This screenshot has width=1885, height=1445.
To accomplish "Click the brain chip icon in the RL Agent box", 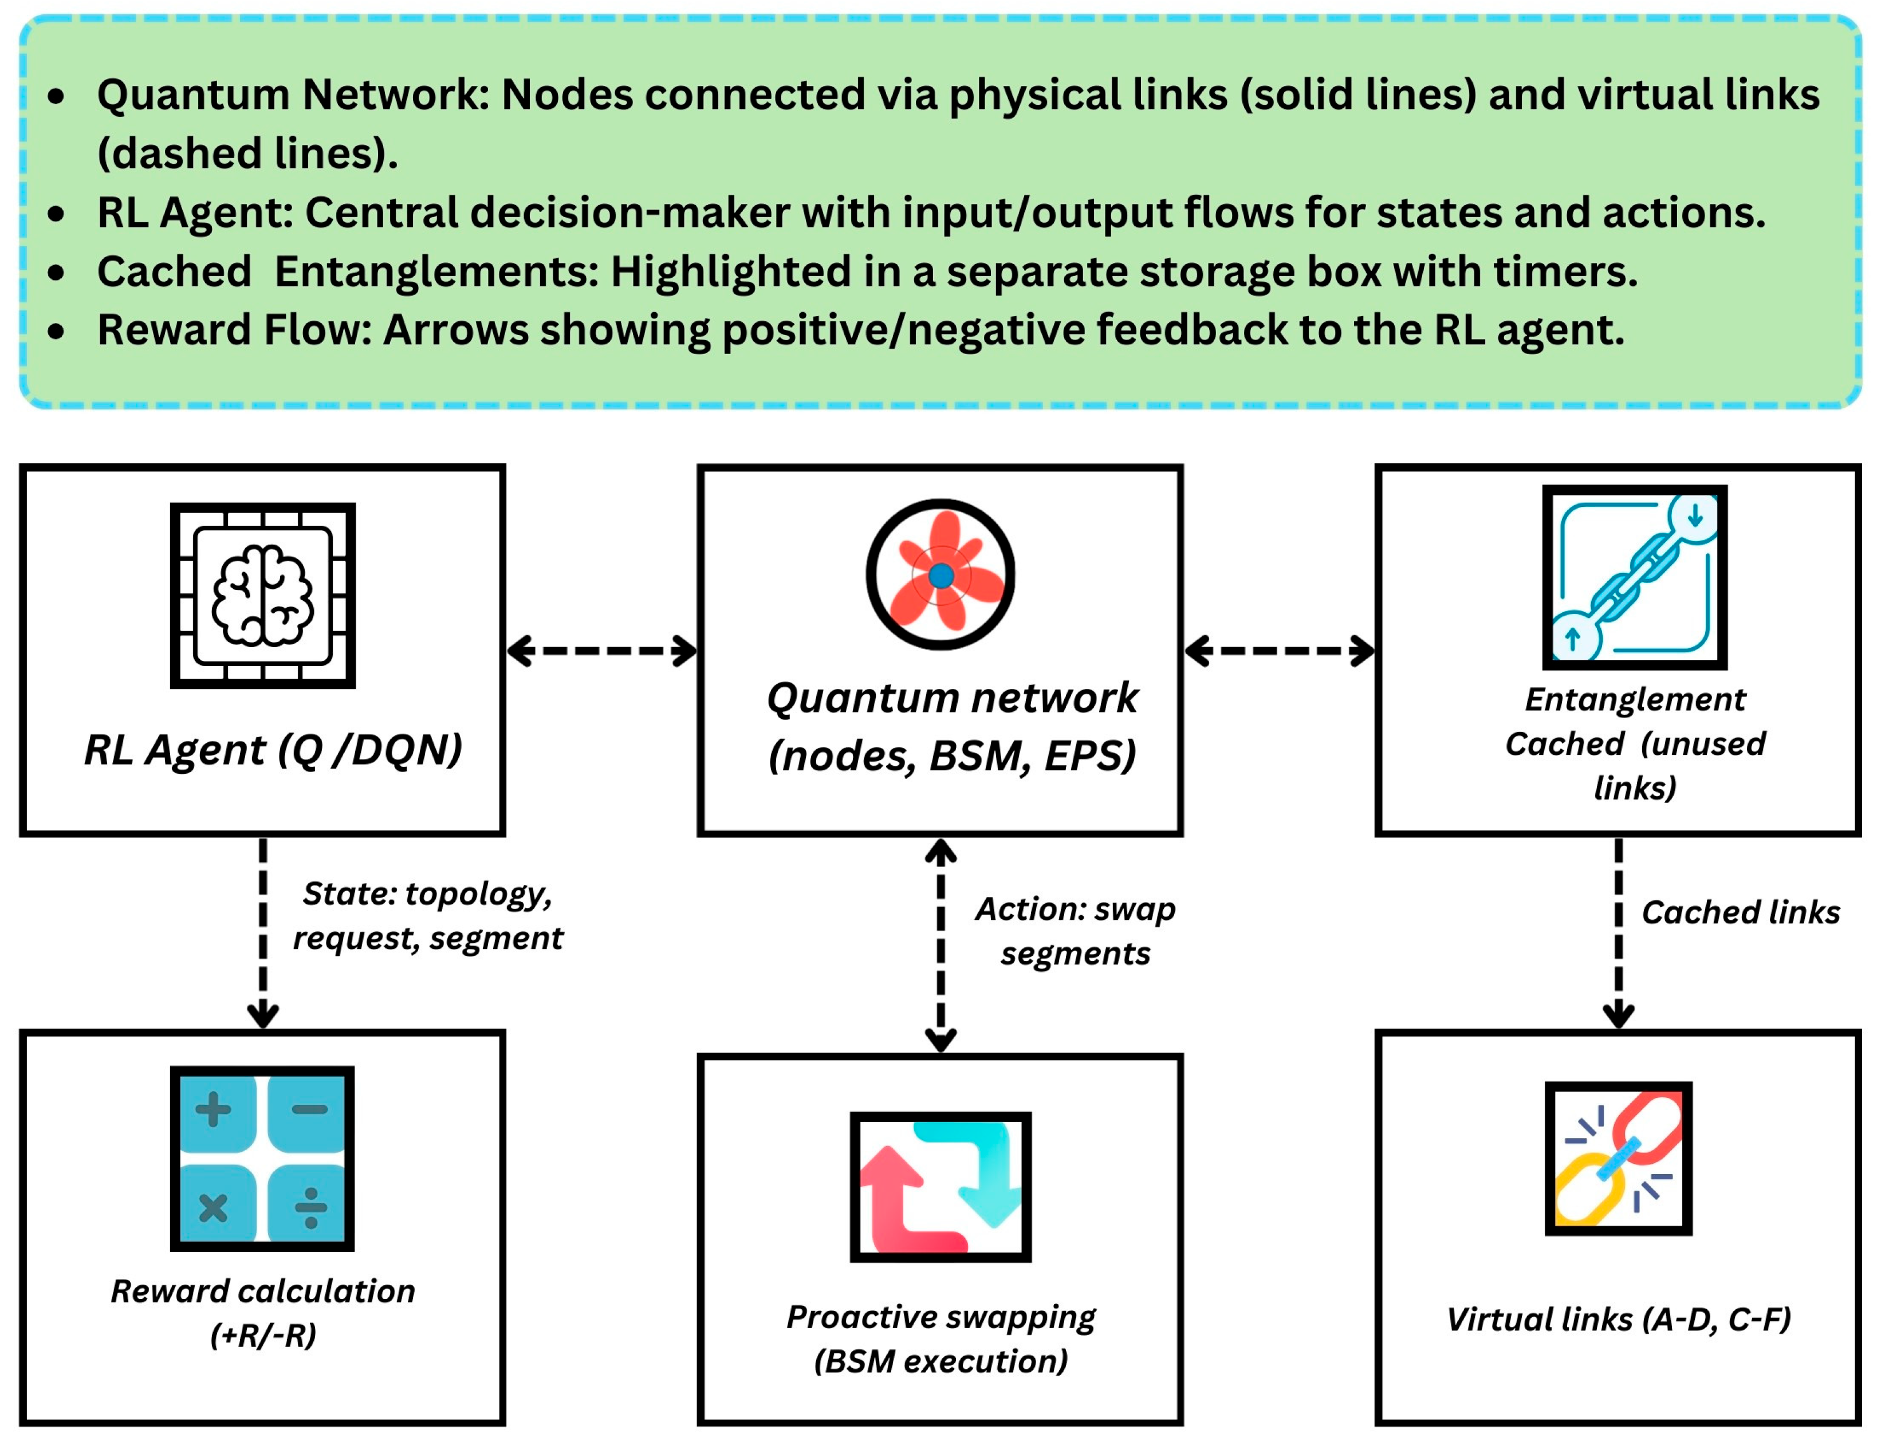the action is tap(262, 595).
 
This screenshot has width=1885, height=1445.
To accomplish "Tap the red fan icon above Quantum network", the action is tap(940, 574).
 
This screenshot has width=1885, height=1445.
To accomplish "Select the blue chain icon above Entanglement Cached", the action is tap(1634, 577).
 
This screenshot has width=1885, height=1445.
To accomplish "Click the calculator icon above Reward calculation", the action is tap(262, 1159).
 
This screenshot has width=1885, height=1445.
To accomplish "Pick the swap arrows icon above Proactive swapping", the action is tap(940, 1187).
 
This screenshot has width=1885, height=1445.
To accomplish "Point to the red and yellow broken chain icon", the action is tap(1619, 1159).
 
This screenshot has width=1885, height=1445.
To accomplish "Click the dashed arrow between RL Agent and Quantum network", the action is tap(602, 651).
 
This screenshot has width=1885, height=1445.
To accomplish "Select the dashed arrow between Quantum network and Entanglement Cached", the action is tap(1280, 651).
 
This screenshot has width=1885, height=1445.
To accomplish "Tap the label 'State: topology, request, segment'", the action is tap(427, 916).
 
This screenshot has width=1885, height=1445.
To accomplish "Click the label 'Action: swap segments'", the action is tap(1075, 931).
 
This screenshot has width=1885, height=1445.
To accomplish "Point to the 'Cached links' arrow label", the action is tap(1741, 912).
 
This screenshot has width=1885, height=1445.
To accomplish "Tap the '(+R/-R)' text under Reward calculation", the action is tap(263, 1336).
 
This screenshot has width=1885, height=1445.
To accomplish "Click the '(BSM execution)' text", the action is tap(940, 1361).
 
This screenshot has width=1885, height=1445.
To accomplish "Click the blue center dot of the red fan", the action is tap(940, 576).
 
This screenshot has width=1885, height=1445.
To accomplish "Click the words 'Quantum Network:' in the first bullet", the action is tap(293, 95).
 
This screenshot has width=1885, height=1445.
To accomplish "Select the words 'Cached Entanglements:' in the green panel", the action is tap(348, 272).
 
